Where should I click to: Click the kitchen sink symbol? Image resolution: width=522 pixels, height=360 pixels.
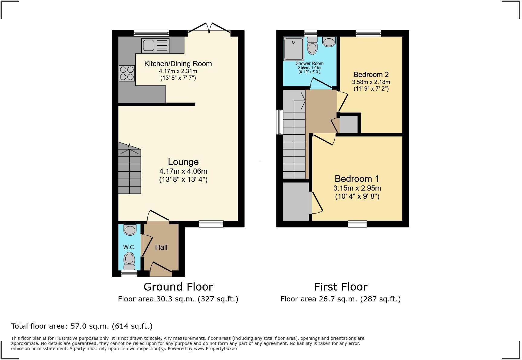tap(155, 46)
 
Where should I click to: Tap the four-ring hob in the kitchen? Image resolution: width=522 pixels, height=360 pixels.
tap(127, 73)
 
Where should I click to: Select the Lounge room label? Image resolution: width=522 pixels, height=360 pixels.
tap(183, 162)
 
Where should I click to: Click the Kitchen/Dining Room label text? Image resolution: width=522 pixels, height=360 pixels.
tap(178, 64)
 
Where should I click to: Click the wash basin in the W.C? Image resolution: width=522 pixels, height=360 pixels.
tap(130, 230)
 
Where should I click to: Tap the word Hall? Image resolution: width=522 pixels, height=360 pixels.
tap(161, 247)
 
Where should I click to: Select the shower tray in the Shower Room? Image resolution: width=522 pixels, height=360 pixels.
tap(293, 49)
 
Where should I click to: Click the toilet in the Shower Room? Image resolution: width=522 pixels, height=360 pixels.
tap(312, 46)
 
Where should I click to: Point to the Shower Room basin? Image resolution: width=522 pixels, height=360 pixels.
tap(329, 42)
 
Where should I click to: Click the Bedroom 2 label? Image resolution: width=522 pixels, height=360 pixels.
tap(371, 75)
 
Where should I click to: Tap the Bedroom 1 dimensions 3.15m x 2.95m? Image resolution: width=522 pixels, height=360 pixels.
tap(357, 188)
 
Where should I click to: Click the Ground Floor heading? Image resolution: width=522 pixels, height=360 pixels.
tap(178, 287)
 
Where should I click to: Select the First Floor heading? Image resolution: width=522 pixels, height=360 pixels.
tap(341, 287)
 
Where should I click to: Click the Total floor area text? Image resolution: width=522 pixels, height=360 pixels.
tap(82, 326)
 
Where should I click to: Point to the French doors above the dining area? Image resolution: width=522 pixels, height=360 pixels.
tap(209, 28)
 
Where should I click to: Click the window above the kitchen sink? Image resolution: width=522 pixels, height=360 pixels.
tap(151, 33)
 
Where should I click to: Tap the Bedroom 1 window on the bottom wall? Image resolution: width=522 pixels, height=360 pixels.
tap(357, 224)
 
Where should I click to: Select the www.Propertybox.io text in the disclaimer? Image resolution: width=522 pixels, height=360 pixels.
tap(215, 349)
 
